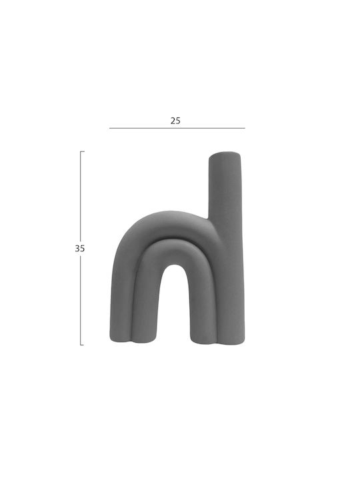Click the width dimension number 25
click(175, 121)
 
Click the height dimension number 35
click(79, 249)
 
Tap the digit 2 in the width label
click(173, 121)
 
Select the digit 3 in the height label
click(77, 249)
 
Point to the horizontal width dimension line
click(177, 128)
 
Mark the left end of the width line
click(109, 128)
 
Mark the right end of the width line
click(245, 128)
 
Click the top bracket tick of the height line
click(82, 151)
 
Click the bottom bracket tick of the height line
click(82, 345)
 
